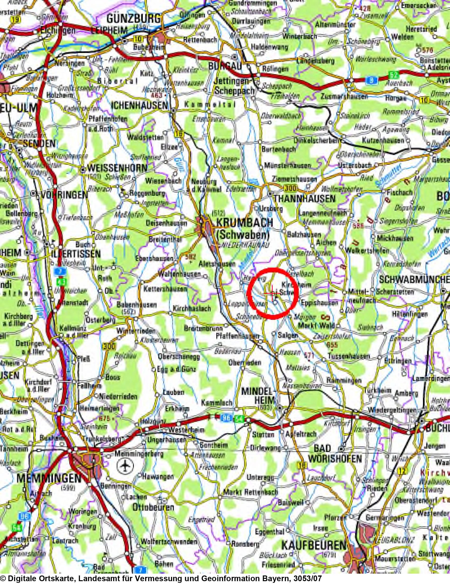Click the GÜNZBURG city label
133,19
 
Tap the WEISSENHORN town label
117,168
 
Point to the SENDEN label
39,144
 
